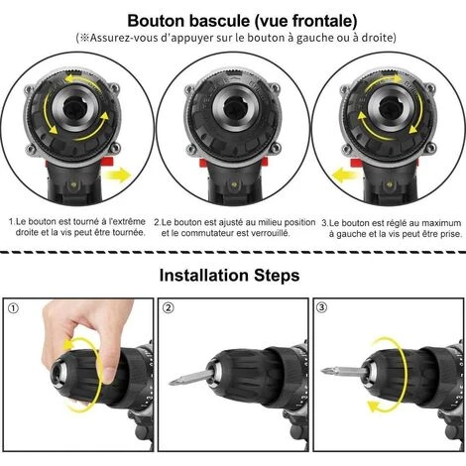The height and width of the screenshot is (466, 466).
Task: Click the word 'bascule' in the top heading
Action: click(x=219, y=21)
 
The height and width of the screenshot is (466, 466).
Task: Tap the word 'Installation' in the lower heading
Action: click(x=203, y=276)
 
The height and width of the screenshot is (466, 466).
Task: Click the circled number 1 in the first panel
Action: click(x=14, y=308)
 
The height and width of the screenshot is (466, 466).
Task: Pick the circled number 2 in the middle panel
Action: click(x=169, y=308)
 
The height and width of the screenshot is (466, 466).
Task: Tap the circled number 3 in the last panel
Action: click(x=321, y=307)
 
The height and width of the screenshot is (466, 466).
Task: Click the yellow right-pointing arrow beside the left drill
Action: click(x=117, y=175)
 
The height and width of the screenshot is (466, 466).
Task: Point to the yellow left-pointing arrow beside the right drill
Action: click(x=346, y=175)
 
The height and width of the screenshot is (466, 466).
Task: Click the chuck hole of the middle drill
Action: click(x=234, y=108)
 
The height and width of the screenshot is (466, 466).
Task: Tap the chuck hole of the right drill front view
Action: click(x=390, y=108)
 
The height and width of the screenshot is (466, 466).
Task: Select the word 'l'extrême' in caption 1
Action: click(x=127, y=221)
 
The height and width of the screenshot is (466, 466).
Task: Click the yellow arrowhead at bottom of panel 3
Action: click(x=374, y=406)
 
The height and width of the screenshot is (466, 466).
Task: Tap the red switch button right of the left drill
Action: click(x=107, y=162)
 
